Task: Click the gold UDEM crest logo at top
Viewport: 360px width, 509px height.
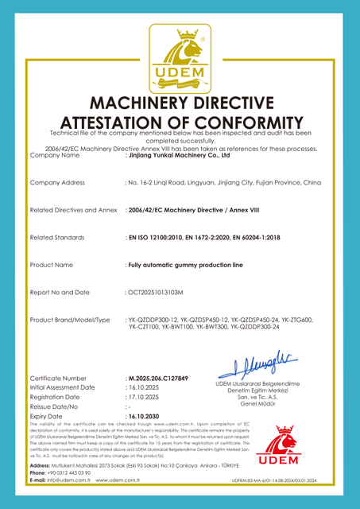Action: click(x=180, y=56)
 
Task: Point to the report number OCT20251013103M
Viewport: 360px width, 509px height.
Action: click(x=154, y=293)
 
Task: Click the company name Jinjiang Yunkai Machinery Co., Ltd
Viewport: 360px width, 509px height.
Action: click(x=177, y=156)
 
